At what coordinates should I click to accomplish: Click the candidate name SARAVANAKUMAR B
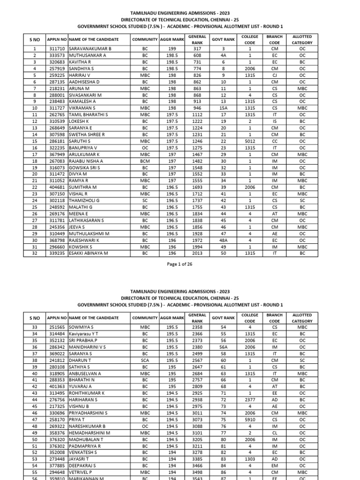(x=90, y=49)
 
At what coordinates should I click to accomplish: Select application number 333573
(x=57, y=55)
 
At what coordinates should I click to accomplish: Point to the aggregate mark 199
(x=172, y=49)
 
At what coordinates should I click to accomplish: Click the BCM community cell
(x=144, y=160)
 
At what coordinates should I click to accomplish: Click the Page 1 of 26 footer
(x=180, y=264)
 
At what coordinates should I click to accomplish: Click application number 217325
(x=57, y=405)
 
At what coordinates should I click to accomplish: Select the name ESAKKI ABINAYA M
(x=89, y=253)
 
